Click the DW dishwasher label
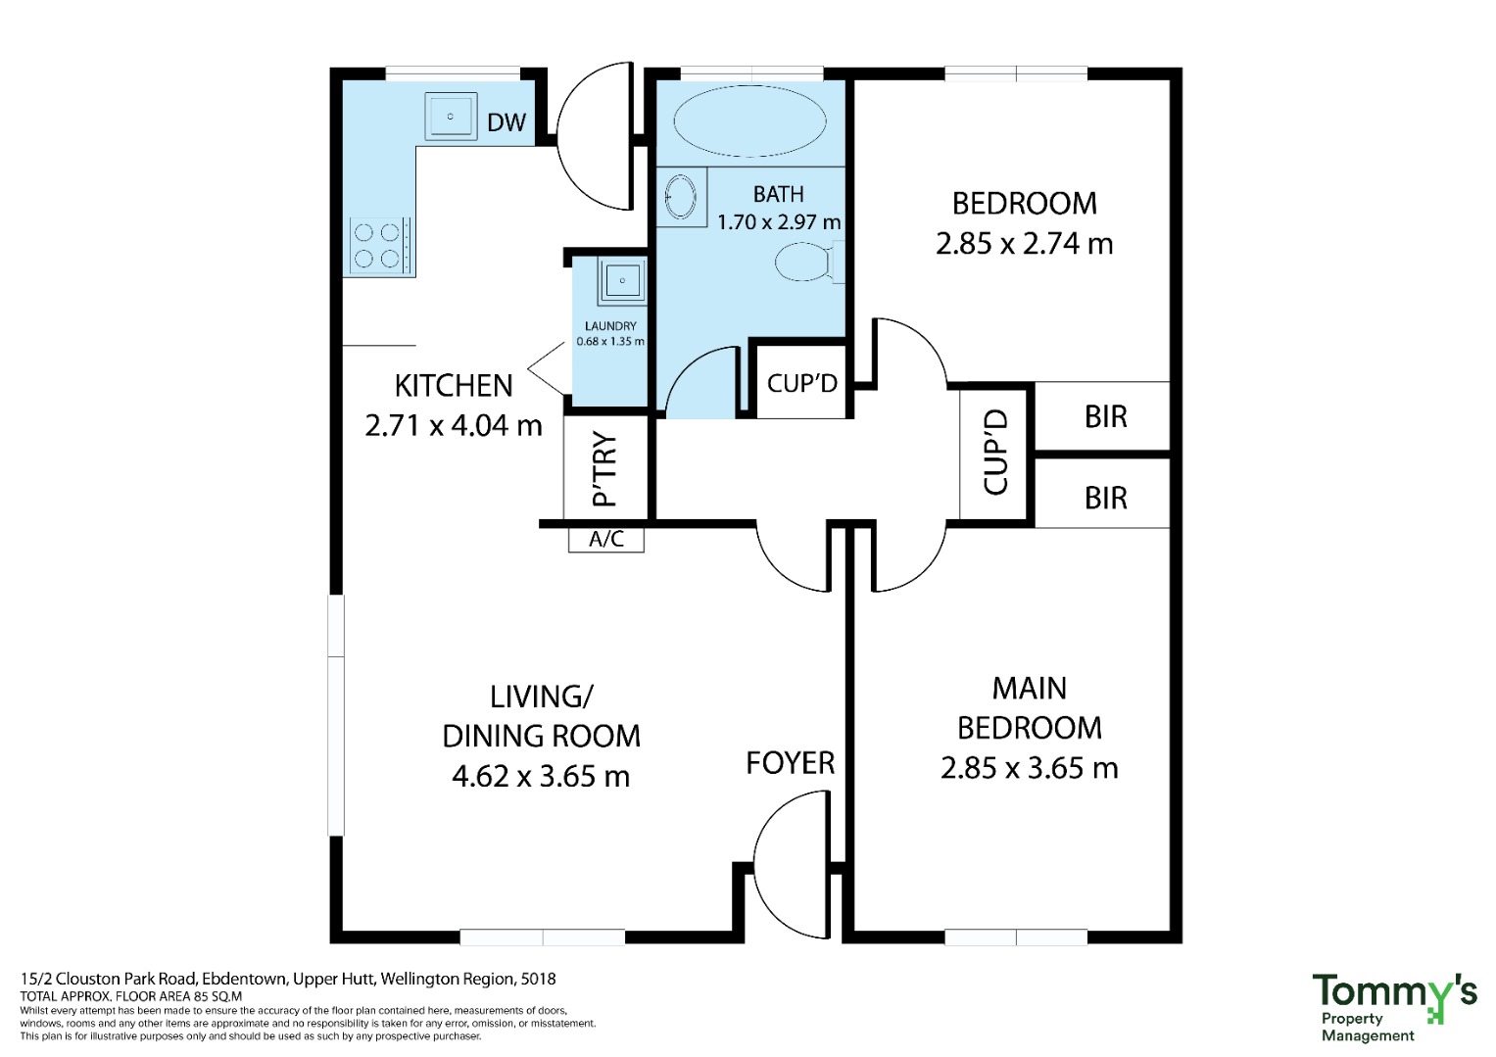tap(507, 122)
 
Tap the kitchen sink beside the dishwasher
tap(451, 117)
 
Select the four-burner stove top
tap(376, 246)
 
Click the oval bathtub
tap(749, 121)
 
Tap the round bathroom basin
tap(681, 197)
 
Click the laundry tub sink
tap(622, 280)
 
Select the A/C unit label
tap(606, 539)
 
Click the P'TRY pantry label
tap(604, 468)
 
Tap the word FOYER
tap(790, 763)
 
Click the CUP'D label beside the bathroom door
tap(802, 383)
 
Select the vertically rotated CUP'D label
tap(994, 452)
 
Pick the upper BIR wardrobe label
tap(1106, 416)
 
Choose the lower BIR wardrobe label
tap(1106, 498)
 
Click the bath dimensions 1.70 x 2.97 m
tap(779, 221)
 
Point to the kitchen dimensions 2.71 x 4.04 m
tap(454, 425)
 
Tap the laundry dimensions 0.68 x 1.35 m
tap(610, 341)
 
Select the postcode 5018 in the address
tap(538, 979)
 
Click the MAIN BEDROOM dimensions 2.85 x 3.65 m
tap(1029, 768)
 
